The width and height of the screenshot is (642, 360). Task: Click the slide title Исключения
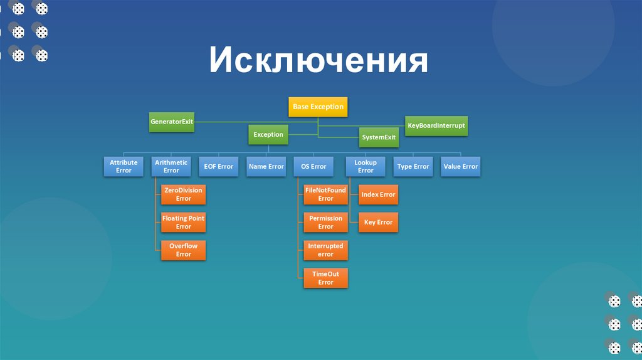pyautogui.click(x=318, y=61)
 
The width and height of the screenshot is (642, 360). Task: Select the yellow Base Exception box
pyautogui.click(x=318, y=107)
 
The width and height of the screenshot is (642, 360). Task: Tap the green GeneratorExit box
pyautogui.click(x=171, y=121)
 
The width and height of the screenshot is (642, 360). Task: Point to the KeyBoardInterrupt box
pyautogui.click(x=436, y=125)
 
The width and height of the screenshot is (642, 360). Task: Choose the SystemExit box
pyautogui.click(x=379, y=137)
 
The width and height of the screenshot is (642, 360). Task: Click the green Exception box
pyautogui.click(x=268, y=134)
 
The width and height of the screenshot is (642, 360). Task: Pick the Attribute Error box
pyautogui.click(x=124, y=166)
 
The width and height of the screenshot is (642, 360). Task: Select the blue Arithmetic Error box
pyautogui.click(x=171, y=166)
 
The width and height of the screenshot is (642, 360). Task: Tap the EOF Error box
pyautogui.click(x=218, y=166)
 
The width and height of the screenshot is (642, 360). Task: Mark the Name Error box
pyautogui.click(x=266, y=166)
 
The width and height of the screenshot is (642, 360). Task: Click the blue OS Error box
pyautogui.click(x=313, y=166)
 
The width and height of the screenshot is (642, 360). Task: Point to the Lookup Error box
pyautogui.click(x=366, y=166)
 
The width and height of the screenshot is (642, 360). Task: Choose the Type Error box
pyautogui.click(x=413, y=166)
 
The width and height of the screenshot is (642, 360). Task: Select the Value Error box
pyautogui.click(x=461, y=166)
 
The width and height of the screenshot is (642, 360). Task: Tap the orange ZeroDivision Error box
pyautogui.click(x=183, y=194)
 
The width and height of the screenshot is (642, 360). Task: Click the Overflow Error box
pyautogui.click(x=183, y=250)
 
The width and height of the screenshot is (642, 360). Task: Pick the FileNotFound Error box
pyautogui.click(x=325, y=194)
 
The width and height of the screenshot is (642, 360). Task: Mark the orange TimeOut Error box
pyautogui.click(x=325, y=278)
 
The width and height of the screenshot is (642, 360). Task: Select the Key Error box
pyautogui.click(x=378, y=223)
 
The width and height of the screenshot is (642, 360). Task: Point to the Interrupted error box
pyautogui.click(x=325, y=250)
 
